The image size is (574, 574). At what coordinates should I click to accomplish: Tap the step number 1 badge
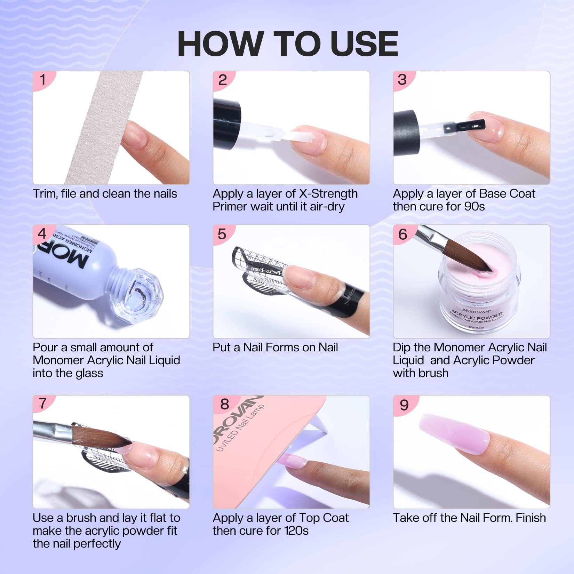pyautogui.click(x=43, y=80)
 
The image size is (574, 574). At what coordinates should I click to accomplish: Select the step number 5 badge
pyautogui.click(x=222, y=234)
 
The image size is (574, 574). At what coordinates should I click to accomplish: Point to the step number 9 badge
pyautogui.click(x=404, y=405)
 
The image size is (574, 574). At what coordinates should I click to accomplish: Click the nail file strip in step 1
pyautogui.click(x=101, y=129)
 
